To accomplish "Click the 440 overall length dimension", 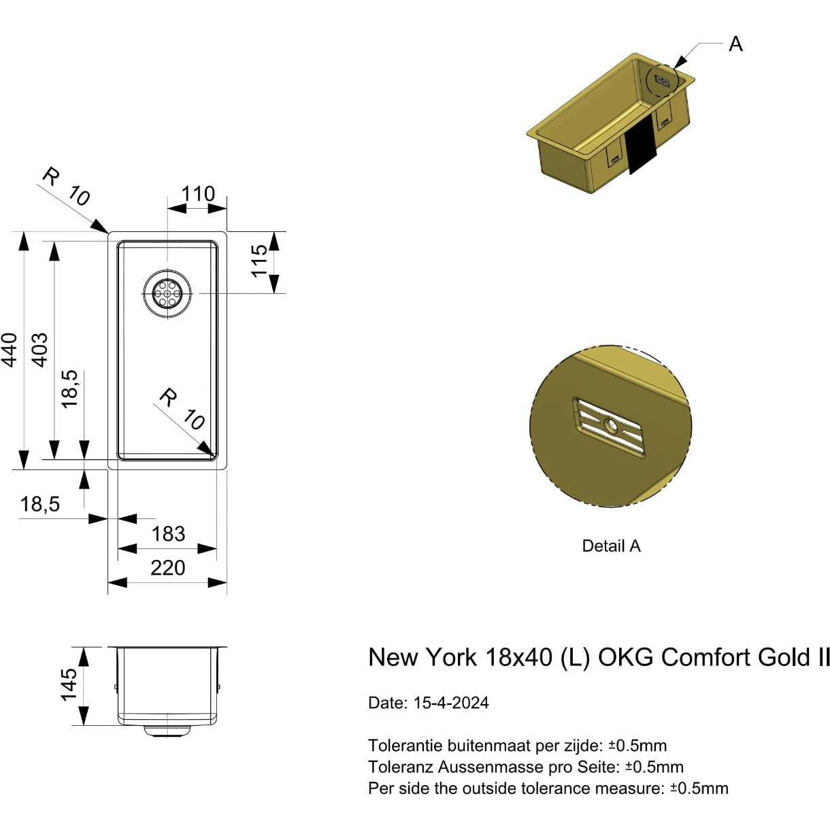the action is pyautogui.click(x=10, y=350).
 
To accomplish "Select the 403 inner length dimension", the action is pyautogui.click(x=40, y=349).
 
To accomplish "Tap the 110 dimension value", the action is pyautogui.click(x=198, y=194).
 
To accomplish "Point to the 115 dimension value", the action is pyautogui.click(x=259, y=261).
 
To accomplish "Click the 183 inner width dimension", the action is pyautogui.click(x=168, y=534).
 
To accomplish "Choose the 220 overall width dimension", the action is pyautogui.click(x=167, y=567).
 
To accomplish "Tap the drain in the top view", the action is pyautogui.click(x=167, y=293).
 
